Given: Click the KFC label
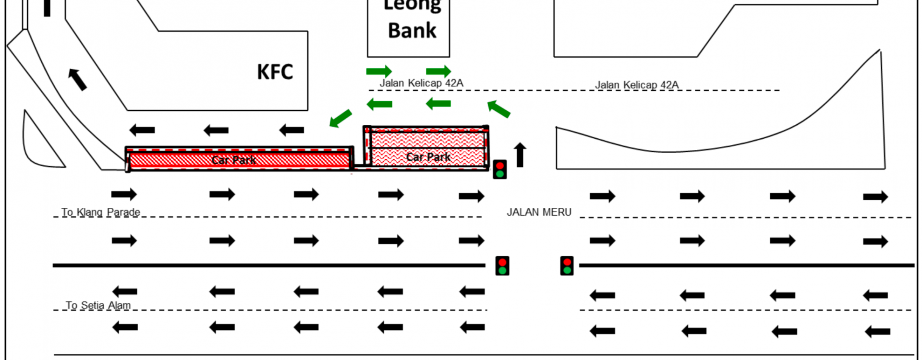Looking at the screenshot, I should point(275,72).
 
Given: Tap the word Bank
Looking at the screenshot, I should point(412,31).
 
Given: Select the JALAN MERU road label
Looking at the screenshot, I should point(539,212).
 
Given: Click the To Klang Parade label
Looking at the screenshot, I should point(101,212).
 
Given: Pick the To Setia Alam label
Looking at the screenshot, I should point(98,305).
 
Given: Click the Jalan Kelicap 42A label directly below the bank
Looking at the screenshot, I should point(421,83).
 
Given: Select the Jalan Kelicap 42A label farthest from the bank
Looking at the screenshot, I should point(637,85).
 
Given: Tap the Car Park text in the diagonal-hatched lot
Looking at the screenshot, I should point(234,160).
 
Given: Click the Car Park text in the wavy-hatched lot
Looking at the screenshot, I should point(428,157).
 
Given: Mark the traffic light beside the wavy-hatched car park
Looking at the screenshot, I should point(500,169).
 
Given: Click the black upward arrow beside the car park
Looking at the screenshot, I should point(520,155).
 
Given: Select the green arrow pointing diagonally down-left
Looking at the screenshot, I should point(340,118).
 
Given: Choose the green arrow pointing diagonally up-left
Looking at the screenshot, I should point(498,109).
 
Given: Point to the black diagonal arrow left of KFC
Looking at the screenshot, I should point(77,79).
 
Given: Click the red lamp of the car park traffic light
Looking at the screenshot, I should point(500,166).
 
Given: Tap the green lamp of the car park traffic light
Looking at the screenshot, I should point(500,174).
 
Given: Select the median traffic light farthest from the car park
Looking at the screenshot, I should point(567,266).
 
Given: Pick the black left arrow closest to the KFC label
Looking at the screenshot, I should point(291,130).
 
